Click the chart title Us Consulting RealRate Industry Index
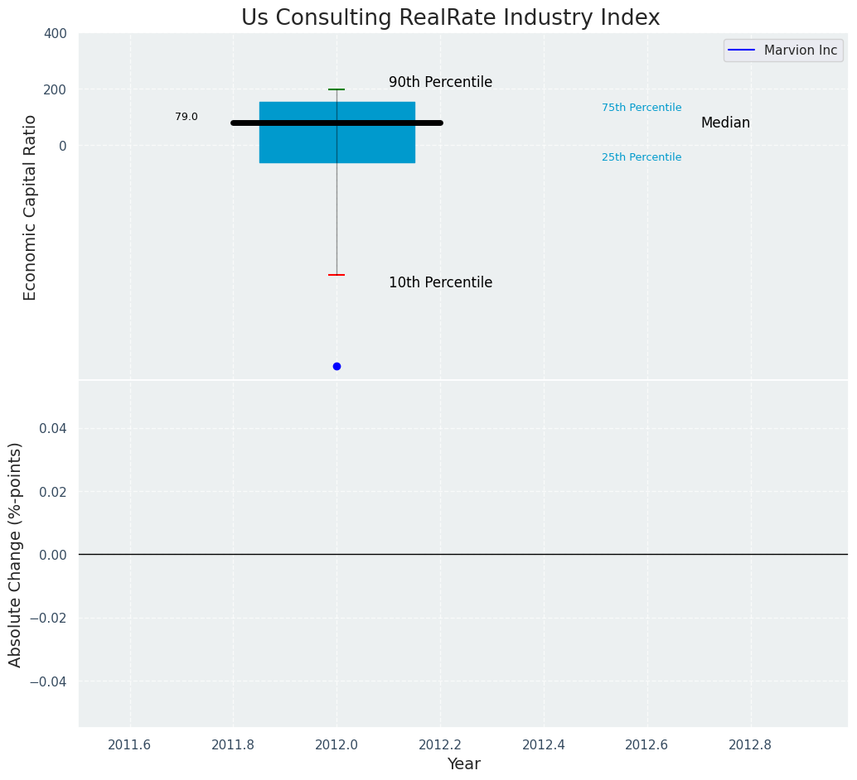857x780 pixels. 450,18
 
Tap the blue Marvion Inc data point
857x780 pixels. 337,366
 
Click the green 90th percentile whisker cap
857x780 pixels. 337,89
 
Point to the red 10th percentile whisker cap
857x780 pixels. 337,275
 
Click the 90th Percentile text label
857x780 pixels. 440,83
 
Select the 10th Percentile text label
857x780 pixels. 440,283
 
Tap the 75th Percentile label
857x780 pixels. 642,108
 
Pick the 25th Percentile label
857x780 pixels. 642,157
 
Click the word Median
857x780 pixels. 725,123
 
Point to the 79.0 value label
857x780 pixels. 186,117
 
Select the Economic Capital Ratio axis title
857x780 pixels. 31,207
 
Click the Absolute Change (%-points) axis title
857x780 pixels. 16,554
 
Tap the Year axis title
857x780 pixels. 463,764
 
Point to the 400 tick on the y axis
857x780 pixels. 56,33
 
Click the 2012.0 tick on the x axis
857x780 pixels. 337,744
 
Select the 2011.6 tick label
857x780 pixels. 129,744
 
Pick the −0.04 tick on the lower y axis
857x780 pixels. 49,681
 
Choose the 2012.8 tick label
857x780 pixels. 750,744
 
